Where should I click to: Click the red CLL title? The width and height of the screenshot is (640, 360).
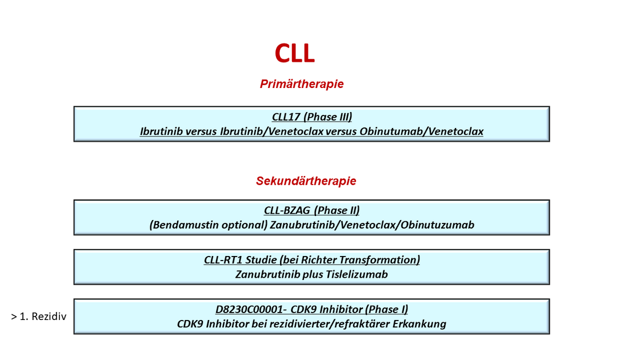tap(295, 54)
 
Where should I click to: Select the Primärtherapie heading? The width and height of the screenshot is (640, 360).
tap(302, 84)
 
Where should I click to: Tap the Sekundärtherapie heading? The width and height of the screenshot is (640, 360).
tap(306, 181)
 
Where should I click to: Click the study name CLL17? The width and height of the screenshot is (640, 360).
tap(286, 117)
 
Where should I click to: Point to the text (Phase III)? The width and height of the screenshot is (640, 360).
tap(328, 117)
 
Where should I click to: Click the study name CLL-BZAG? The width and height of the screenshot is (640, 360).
tap(287, 211)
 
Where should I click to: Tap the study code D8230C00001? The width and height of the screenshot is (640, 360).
tap(249, 309)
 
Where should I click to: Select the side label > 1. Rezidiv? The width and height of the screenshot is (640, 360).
tap(39, 317)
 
